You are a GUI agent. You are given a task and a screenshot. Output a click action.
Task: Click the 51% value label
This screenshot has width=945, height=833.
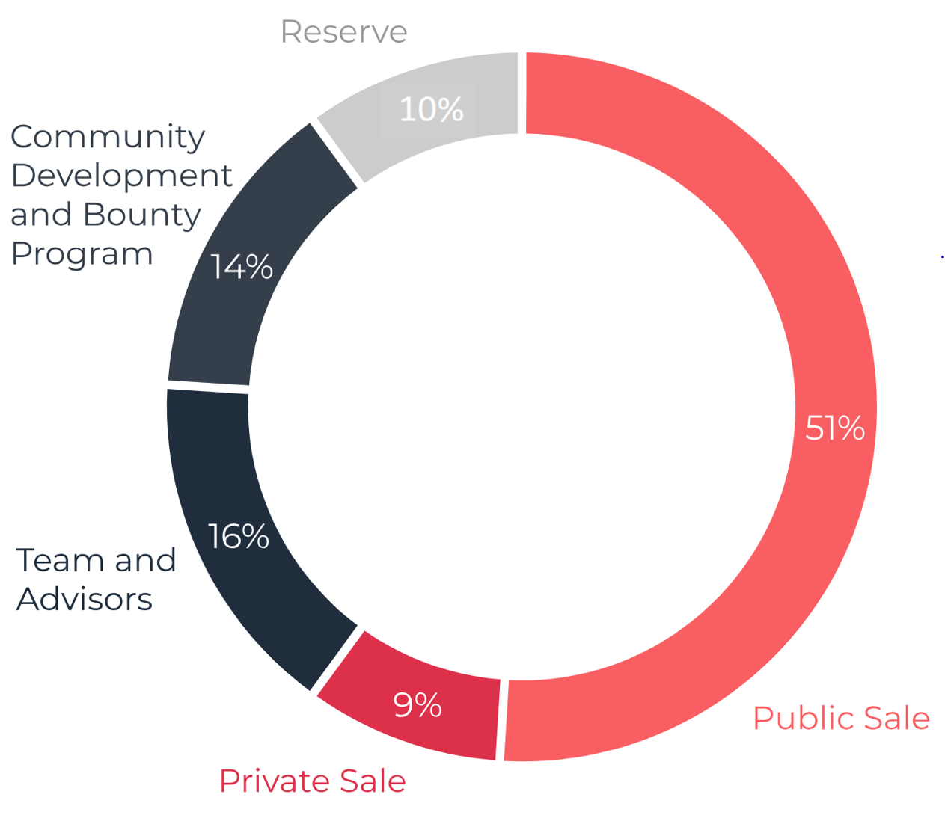click(x=834, y=428)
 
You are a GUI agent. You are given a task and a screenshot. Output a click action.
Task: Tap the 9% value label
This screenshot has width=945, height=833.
click(x=418, y=705)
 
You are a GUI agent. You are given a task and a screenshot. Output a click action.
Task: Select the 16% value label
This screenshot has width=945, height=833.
click(x=238, y=537)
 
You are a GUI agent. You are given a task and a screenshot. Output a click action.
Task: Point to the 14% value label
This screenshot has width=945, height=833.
click(x=241, y=267)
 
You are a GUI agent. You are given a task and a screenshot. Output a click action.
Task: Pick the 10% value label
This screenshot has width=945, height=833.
click(x=431, y=110)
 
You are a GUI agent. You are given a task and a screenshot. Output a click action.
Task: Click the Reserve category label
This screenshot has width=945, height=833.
click(x=343, y=32)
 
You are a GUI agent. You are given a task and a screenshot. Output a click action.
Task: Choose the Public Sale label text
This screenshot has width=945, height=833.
click(x=841, y=719)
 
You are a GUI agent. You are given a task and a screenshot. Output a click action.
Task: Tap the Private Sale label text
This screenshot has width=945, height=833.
click(x=312, y=781)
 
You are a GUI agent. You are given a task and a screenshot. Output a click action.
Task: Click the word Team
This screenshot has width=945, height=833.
click(x=60, y=560)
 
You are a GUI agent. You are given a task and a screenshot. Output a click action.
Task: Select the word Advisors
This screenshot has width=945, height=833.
click(x=85, y=599)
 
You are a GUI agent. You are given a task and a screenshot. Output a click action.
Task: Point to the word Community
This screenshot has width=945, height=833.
click(x=108, y=137)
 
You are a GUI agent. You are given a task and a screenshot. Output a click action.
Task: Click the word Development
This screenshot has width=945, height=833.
click(x=121, y=176)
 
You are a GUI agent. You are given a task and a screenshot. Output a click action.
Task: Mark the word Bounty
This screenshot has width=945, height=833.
click(x=142, y=215)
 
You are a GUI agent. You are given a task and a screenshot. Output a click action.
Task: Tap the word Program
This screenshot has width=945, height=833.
click(x=82, y=254)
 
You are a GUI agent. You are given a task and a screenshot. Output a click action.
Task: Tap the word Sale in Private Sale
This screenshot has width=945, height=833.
click(x=372, y=781)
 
